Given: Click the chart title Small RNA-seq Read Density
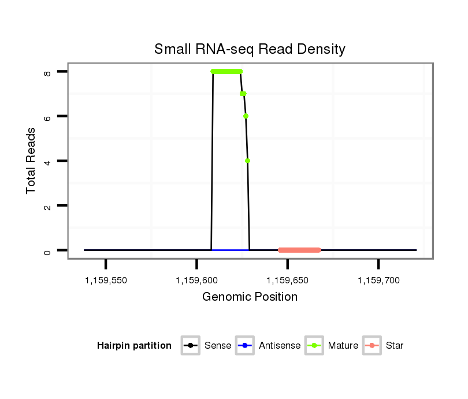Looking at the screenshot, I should click(250, 49).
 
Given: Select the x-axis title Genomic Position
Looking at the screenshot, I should click(250, 297).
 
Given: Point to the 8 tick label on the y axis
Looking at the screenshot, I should click(47, 72).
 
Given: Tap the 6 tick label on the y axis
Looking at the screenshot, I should click(47, 116).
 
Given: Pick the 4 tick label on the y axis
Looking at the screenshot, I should click(47, 161).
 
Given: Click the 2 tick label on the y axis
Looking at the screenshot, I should click(47, 206).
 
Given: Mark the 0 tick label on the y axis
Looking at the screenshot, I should click(47, 250).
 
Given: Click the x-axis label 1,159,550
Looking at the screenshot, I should click(106, 280).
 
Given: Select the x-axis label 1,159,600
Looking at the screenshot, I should click(196, 280).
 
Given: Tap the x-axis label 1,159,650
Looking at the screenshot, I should click(288, 280).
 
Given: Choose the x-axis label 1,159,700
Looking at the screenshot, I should click(378, 280).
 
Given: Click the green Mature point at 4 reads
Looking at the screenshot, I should click(247, 161).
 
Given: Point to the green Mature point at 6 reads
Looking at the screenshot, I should click(246, 116).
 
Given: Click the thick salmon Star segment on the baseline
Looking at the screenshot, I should click(299, 250).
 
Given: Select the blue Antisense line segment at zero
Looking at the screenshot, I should click(230, 250).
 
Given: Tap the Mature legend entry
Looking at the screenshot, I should click(332, 346).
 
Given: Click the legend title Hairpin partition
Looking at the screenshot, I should click(134, 346).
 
